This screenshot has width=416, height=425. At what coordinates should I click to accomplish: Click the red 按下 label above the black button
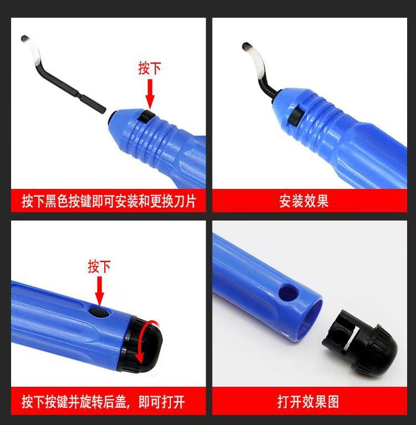click(x=150, y=68)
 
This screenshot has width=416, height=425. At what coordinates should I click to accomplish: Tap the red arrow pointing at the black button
click(x=150, y=94)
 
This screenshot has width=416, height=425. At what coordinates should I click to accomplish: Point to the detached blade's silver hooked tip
click(x=32, y=50)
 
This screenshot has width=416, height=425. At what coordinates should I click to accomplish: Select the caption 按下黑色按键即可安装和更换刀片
click(x=109, y=201)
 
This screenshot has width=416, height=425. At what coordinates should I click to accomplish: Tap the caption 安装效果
click(x=303, y=201)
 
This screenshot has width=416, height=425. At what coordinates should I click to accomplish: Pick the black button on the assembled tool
click(x=295, y=117)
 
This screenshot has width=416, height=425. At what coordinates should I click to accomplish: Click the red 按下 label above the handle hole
click(x=99, y=267)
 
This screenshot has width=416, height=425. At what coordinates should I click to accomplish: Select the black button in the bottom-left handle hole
click(x=100, y=313)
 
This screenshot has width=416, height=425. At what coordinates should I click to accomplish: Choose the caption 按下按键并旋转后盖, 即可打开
click(x=103, y=401)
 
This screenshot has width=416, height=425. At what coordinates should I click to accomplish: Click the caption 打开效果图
click(x=308, y=401)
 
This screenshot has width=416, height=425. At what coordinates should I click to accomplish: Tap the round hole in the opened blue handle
click(x=288, y=293)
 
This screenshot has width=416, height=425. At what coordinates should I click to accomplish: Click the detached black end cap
click(x=360, y=341)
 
